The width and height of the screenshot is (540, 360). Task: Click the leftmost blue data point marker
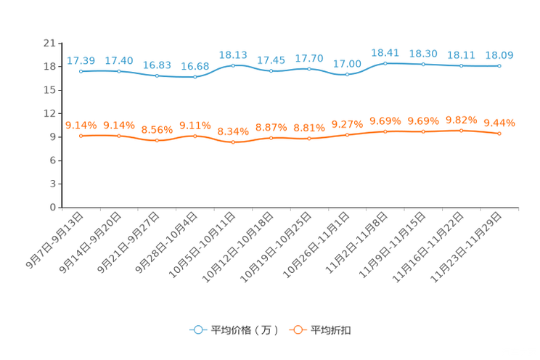click(x=81, y=71)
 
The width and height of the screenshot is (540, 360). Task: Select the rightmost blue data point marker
click(x=499, y=65)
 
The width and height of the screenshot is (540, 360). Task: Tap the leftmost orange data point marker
click(x=81, y=136)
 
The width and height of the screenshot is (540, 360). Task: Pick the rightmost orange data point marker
click(x=499, y=134)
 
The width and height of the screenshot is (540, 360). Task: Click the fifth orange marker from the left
click(x=233, y=142)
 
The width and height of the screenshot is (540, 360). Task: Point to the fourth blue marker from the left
click(x=195, y=75)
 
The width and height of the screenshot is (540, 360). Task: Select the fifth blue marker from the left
click(x=233, y=65)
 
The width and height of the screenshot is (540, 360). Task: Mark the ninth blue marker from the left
click(x=385, y=63)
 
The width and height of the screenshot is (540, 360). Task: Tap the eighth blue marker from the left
click(x=347, y=74)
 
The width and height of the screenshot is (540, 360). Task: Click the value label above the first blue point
click(x=81, y=60)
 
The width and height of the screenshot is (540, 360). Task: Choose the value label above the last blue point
click(x=499, y=54)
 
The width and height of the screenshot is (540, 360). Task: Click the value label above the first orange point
click(x=81, y=125)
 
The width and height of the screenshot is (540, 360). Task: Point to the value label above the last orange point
click(x=499, y=123)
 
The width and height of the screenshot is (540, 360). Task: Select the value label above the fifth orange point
click(x=233, y=131)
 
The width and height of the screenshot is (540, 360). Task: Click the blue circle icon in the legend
click(x=197, y=330)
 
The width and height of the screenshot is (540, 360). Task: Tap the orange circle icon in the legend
click(x=297, y=330)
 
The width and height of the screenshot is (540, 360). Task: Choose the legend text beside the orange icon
click(x=331, y=330)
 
